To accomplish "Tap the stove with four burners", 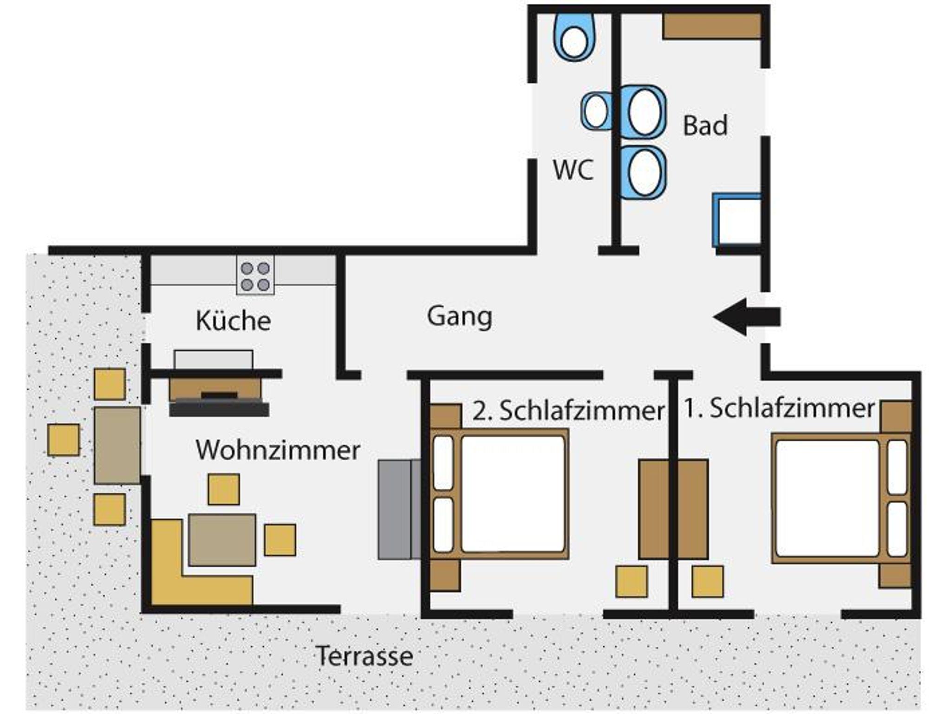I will point(255,276).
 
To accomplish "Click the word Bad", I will point(705,126).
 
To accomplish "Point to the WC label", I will point(573,170).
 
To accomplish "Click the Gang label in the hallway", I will point(459,317).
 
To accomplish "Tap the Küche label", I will point(233,321).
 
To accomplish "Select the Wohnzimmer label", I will point(278,450).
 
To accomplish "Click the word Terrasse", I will point(365,656).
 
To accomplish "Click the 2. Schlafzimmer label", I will point(568,411).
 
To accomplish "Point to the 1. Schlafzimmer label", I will point(779,409).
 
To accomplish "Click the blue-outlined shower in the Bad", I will point(738,220).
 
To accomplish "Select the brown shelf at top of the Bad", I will point(711,26).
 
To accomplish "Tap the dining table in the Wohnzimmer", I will point(222,539).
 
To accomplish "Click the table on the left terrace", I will point(117,445).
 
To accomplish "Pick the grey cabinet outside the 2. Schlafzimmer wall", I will point(399,509).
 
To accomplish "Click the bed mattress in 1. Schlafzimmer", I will point(827,498).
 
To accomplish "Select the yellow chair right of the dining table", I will point(280,539).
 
